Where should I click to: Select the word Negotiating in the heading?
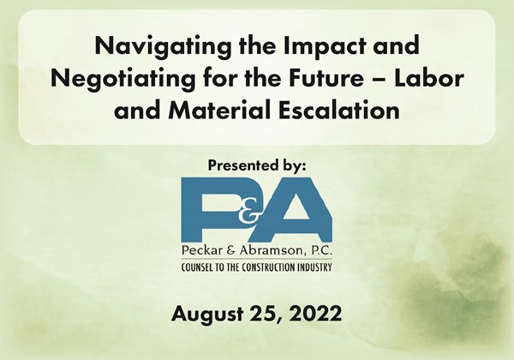(123, 79)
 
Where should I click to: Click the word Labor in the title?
(429, 78)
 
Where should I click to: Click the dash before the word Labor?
(380, 80)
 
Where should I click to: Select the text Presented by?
(257, 165)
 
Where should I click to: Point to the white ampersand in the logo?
(249, 213)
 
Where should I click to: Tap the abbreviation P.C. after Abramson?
(320, 251)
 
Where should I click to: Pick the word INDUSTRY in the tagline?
(314, 267)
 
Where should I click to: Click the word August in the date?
(207, 314)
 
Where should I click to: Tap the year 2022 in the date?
(315, 314)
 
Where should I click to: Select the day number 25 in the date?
(264, 314)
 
